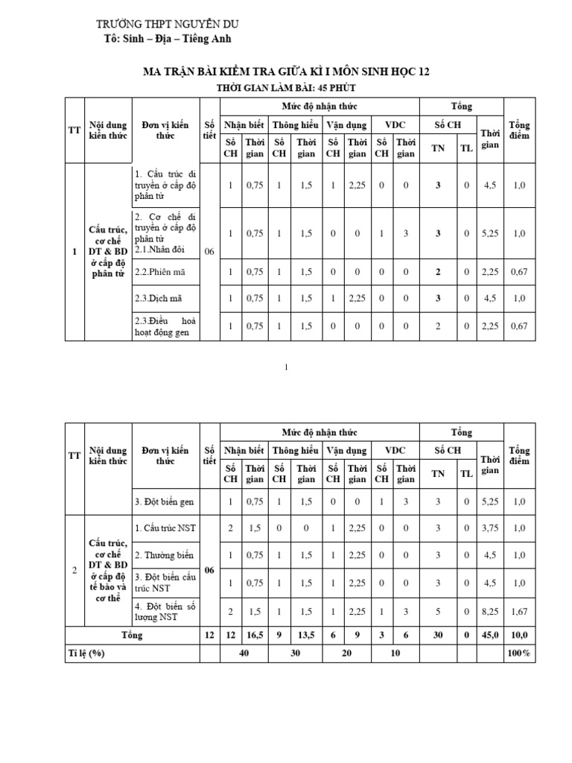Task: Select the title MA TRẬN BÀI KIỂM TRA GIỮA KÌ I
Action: [x=285, y=72]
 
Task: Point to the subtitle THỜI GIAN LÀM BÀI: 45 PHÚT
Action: [x=285, y=89]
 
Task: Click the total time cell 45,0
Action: [x=490, y=636]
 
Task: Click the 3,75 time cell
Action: [x=490, y=528]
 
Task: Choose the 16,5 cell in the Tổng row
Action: [x=255, y=636]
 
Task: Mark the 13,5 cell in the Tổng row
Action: [x=306, y=636]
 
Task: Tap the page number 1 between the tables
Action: [x=285, y=367]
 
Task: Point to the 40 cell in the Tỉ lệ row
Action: [x=244, y=653]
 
